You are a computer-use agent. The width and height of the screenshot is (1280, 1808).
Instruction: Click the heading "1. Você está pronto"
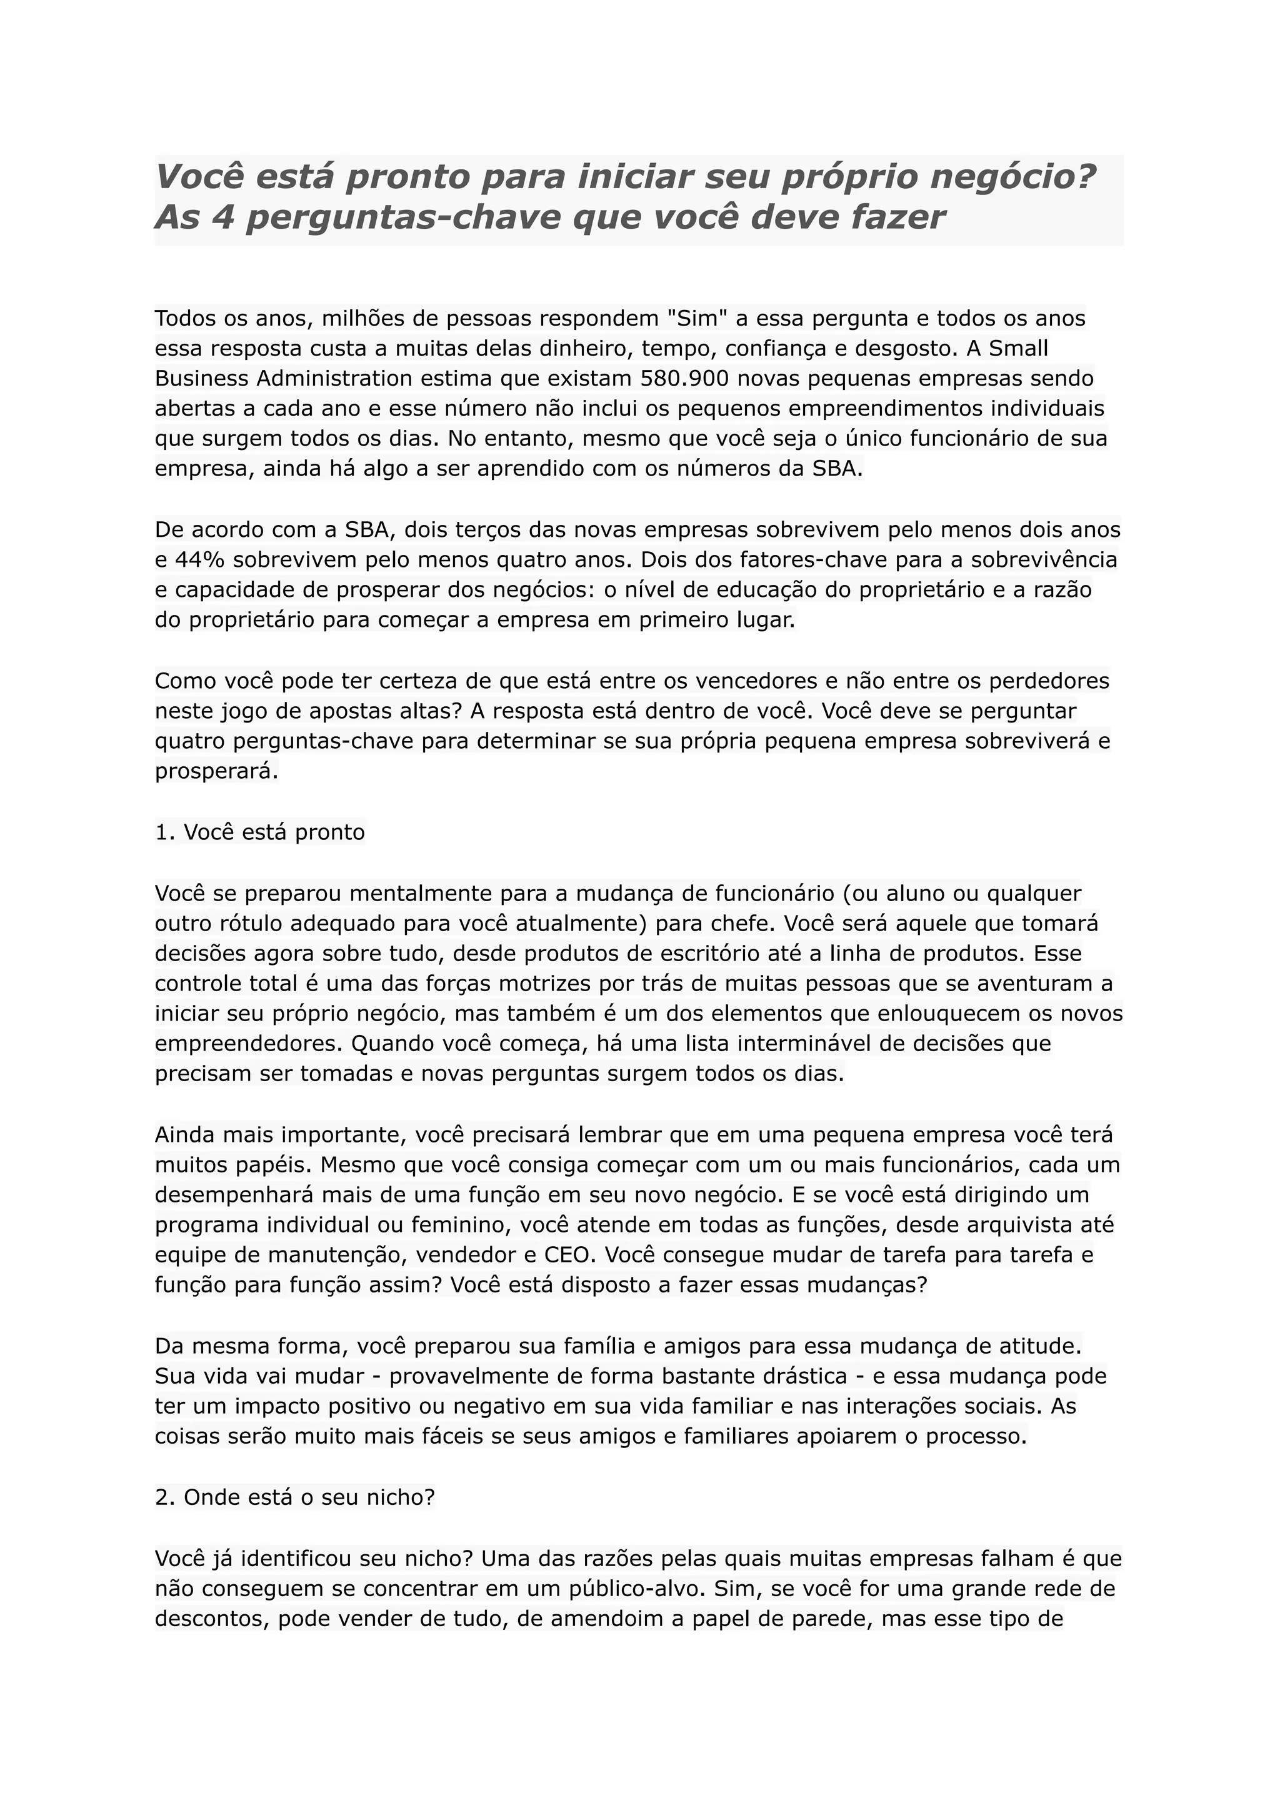click(x=260, y=832)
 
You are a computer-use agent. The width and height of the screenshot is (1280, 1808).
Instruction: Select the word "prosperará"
click(x=217, y=771)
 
